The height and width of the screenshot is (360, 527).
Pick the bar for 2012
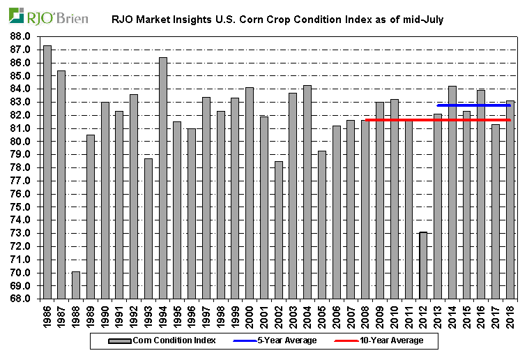423,265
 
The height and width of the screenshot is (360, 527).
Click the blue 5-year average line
474,105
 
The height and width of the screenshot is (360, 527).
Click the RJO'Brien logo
48,16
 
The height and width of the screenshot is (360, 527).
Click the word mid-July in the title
422,20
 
